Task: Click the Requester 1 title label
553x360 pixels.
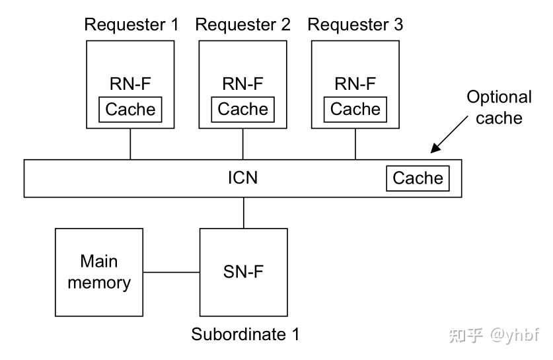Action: click(131, 25)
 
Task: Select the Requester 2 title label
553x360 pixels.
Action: click(243, 25)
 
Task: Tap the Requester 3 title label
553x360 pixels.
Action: click(355, 25)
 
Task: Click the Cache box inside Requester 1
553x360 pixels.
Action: click(131, 109)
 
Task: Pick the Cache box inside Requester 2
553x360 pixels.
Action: click(243, 109)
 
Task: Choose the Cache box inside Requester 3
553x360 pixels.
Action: click(355, 109)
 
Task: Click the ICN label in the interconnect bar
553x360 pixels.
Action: click(243, 178)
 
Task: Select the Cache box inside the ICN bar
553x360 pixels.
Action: click(418, 178)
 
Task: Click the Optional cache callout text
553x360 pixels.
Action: click(499, 107)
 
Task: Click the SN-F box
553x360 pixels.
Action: click(243, 272)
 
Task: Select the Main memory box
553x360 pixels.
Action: click(99, 272)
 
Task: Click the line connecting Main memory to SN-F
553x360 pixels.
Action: click(171, 272)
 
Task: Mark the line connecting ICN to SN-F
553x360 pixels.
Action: click(243, 213)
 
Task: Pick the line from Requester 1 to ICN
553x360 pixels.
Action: click(130, 144)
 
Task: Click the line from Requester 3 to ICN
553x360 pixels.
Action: click(355, 144)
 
